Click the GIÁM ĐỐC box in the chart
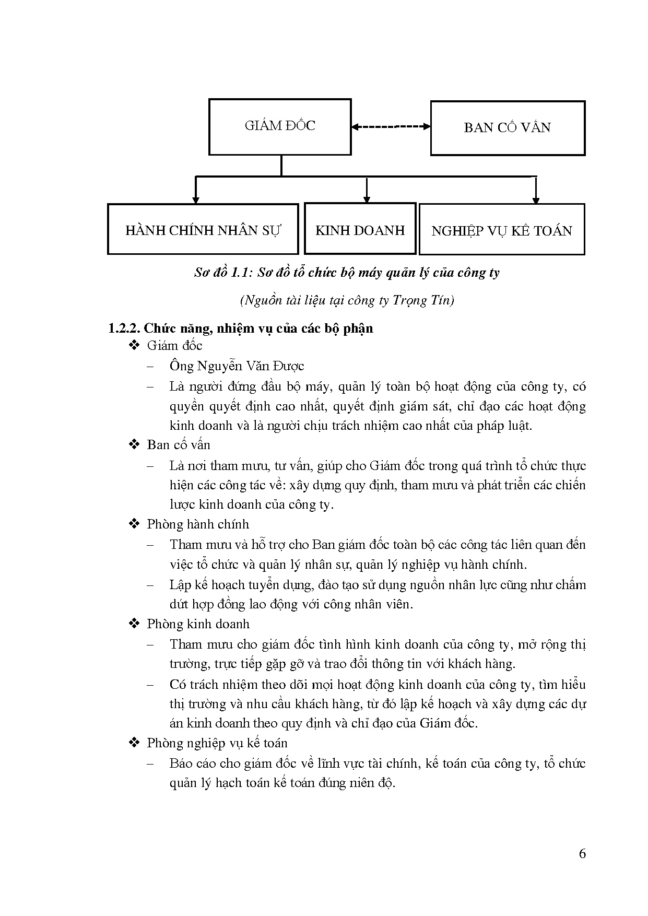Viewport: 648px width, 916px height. (280, 127)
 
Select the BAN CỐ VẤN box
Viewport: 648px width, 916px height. (507, 128)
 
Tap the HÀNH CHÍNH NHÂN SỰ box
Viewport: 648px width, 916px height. (203, 229)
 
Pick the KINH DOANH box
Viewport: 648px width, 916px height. (360, 229)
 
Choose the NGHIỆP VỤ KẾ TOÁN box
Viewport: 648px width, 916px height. (502, 230)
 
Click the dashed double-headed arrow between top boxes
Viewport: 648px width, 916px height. (391, 126)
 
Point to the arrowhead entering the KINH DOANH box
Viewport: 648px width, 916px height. (367, 199)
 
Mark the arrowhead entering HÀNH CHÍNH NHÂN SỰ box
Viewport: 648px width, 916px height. (196, 199)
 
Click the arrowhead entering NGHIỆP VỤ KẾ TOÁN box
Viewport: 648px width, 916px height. (536, 199)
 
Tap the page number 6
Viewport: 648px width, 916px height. (583, 854)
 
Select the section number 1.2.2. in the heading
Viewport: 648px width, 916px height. (124, 328)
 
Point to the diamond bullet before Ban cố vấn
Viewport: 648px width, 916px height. (134, 444)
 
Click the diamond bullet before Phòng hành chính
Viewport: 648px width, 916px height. (134, 524)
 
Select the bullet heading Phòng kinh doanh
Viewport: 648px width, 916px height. (198, 624)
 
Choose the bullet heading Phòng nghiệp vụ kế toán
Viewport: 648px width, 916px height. (217, 743)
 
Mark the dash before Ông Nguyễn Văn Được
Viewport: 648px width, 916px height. (151, 366)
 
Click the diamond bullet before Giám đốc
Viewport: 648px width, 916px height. (134, 345)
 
